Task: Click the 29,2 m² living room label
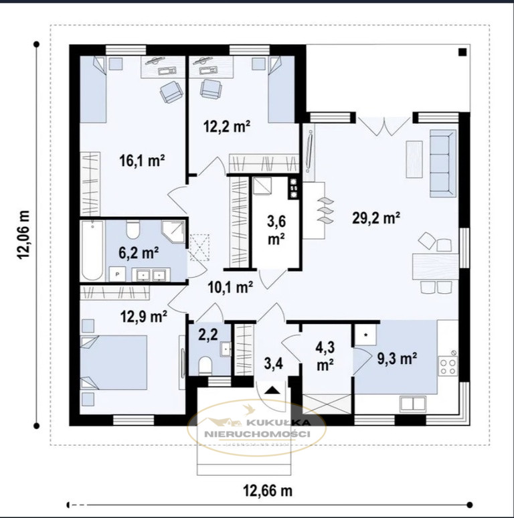376,218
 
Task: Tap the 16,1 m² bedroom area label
142,161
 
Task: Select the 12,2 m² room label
227,126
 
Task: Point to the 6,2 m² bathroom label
139,253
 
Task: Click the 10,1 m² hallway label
231,287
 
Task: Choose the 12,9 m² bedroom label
143,317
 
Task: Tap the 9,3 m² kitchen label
397,359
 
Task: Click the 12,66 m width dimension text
268,491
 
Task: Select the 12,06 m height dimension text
24,235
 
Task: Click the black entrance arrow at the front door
272,390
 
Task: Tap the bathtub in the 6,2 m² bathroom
92,250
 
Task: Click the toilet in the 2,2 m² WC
205,365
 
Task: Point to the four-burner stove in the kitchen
448,366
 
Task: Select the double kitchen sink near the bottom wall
412,404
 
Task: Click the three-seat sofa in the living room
443,163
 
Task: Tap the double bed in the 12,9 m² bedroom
114,363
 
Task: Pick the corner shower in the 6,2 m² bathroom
173,232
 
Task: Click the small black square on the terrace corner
462,52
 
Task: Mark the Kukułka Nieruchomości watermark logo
257,428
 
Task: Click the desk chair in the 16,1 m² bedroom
171,92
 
